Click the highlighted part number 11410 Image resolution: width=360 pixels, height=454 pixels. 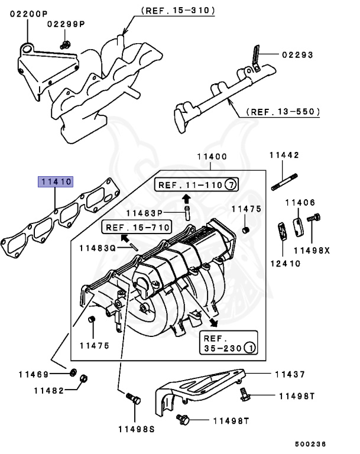pos(56,181)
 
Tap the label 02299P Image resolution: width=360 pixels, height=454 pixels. pos(66,24)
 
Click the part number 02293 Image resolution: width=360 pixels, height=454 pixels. pos(296,55)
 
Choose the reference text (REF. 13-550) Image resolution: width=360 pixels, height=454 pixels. pos(283,111)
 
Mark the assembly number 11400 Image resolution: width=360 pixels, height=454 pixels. pos(212,157)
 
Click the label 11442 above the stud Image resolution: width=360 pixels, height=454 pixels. pos(285,155)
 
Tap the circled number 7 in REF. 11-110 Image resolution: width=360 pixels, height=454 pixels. pos(230,185)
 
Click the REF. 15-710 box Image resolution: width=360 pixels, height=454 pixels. pos(137,226)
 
